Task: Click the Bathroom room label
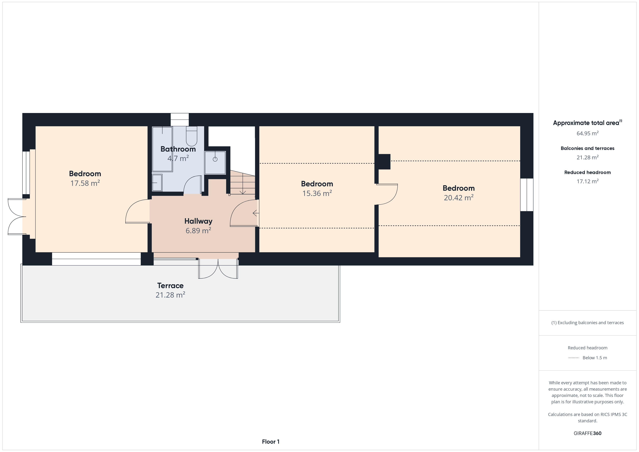(178, 149)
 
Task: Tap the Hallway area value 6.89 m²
(198, 231)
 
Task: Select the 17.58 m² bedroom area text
(85, 183)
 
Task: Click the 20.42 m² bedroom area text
(459, 198)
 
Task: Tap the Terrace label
(170, 286)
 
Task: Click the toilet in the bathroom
(191, 136)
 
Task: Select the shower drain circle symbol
(215, 159)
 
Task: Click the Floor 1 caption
(271, 442)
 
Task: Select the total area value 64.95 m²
(588, 133)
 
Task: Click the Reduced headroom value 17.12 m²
(588, 181)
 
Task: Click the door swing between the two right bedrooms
(387, 194)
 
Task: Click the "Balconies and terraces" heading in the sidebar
(588, 148)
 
